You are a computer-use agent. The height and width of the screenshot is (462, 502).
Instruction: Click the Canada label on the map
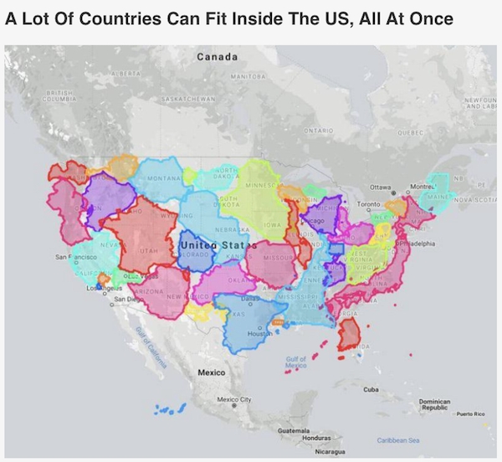coord(217,57)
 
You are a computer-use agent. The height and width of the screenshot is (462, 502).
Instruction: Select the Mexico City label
coord(234,399)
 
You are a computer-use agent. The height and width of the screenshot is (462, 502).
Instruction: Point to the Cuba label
coord(371,389)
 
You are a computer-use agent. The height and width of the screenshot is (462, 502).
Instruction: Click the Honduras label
coord(317,439)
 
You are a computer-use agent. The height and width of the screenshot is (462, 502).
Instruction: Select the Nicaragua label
coord(330,452)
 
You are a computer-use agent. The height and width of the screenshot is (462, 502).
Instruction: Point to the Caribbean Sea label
coord(398,439)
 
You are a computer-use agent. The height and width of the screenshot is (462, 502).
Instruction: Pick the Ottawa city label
coord(382,187)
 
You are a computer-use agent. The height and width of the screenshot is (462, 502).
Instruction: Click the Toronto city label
coord(369,203)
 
